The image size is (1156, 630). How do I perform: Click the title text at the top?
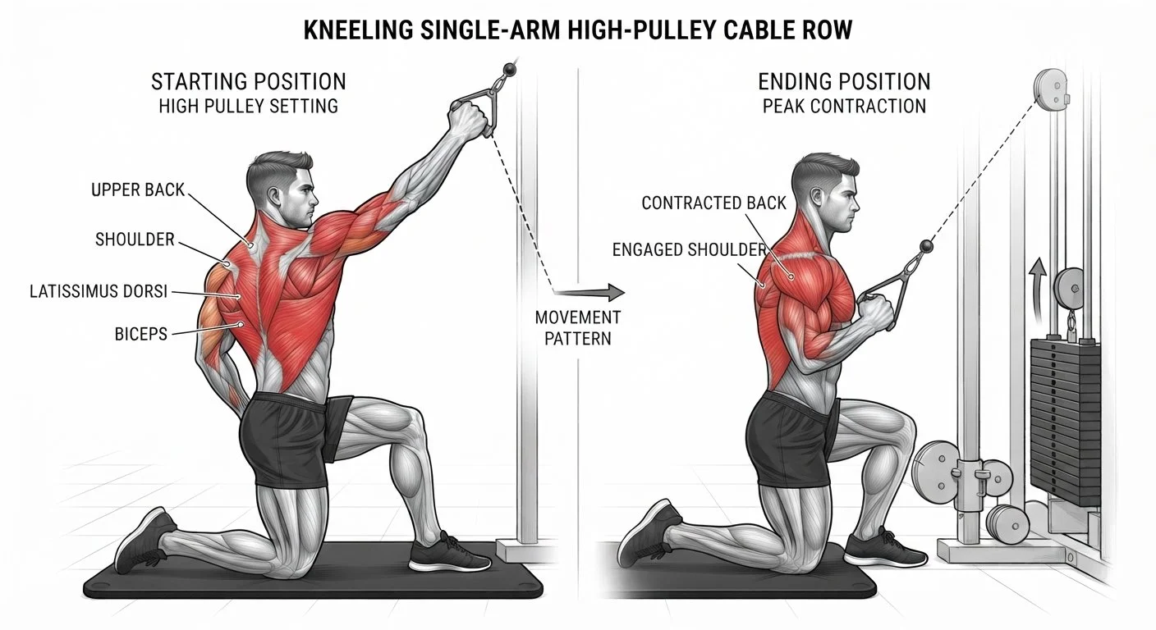pos(577,30)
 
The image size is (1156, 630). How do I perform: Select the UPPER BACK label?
pos(138,189)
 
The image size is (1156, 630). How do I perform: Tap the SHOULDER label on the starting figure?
pos(135,240)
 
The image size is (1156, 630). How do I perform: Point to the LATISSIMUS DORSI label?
pos(99,291)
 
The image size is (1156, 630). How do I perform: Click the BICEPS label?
pos(141,334)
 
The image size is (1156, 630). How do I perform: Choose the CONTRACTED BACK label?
pos(713,203)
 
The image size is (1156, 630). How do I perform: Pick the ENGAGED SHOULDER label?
pos(690,249)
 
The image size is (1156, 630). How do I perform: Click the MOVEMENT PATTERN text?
pos(578,328)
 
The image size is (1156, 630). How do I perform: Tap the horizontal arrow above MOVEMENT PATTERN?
pos(589,292)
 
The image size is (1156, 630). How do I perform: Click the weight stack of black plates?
pos(1065,422)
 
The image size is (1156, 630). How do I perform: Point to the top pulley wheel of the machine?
pos(1050,89)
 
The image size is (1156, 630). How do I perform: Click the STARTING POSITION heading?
pos(248,81)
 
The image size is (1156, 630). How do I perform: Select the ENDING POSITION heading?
pos(844,81)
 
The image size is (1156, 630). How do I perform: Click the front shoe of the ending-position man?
pos(884,550)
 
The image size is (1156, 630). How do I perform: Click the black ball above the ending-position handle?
pos(927,245)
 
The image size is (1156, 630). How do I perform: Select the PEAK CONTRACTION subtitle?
pos(844,106)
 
